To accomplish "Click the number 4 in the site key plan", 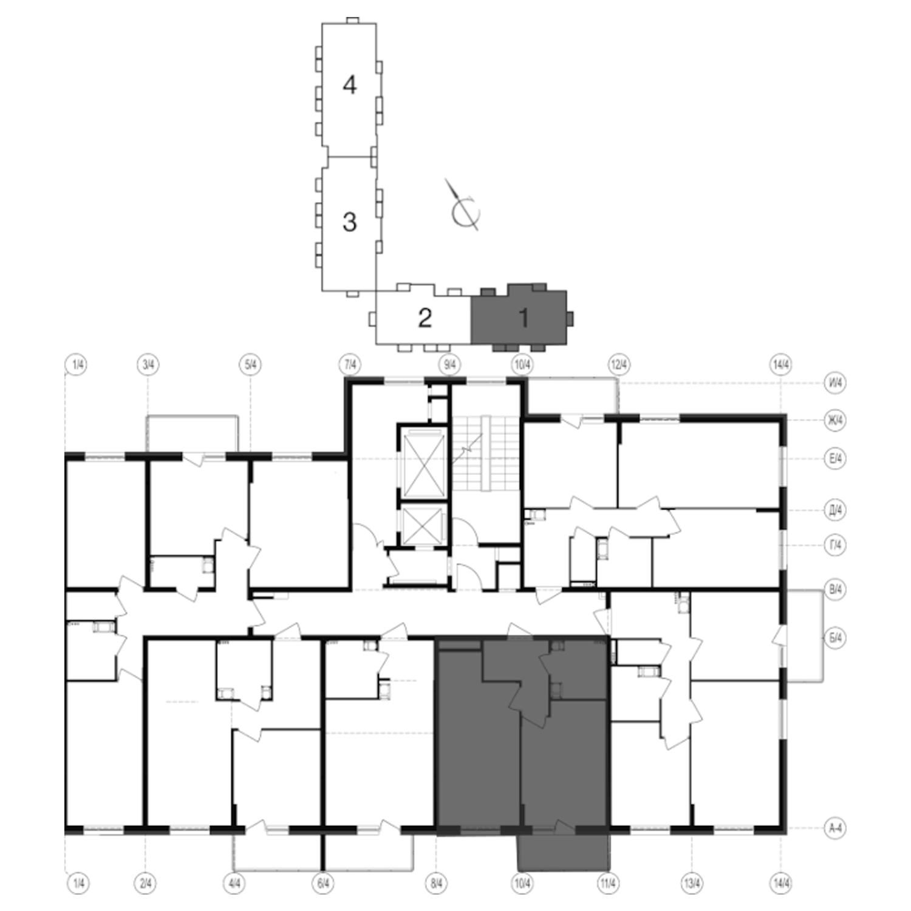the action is click(x=349, y=84).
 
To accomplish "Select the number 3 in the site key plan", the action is click(x=349, y=222).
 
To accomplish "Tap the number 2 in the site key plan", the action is click(x=425, y=317).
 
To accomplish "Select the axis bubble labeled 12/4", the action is click(x=619, y=365).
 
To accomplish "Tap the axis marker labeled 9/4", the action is click(x=450, y=365).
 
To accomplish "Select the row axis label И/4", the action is click(x=836, y=383).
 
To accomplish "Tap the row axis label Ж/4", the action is click(x=836, y=420).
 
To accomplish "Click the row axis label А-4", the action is click(x=836, y=828).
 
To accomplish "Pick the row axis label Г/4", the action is click(x=836, y=545).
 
